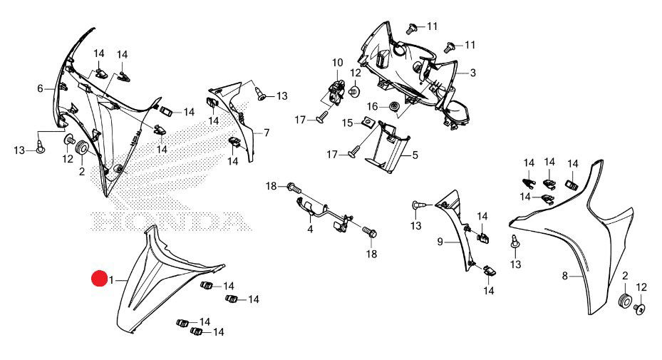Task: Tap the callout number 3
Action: pos(472,73)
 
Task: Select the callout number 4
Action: pos(310,230)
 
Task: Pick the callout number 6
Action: pos(41,88)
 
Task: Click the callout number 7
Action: pos(266,133)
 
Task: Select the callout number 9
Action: pos(440,242)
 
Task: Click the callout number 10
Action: pos(337,63)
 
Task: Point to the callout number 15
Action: pos(347,123)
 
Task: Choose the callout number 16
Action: pos(373,106)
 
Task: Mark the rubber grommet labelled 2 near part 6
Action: pos(81,148)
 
